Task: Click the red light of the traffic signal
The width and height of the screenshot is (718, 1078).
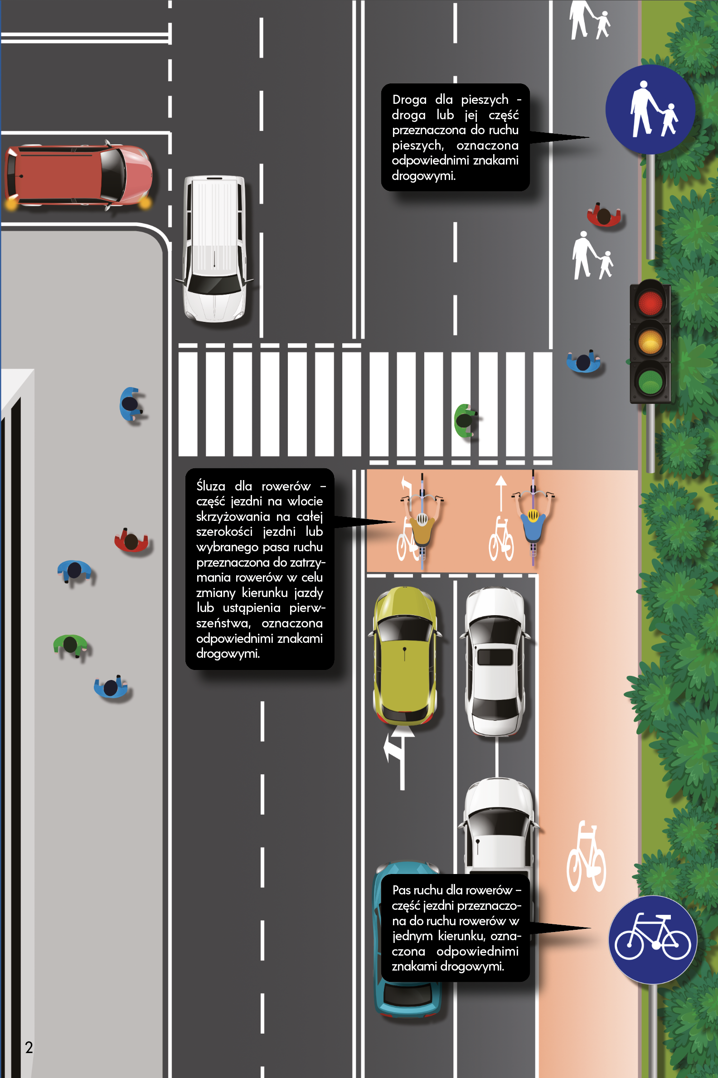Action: (x=650, y=303)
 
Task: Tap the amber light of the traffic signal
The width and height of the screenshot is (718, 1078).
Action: (x=650, y=341)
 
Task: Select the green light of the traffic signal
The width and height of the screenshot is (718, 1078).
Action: (x=650, y=380)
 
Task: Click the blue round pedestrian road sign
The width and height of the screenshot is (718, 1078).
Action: (x=650, y=109)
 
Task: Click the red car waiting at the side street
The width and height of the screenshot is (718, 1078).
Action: (x=78, y=176)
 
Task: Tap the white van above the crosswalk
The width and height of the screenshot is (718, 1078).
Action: (x=214, y=249)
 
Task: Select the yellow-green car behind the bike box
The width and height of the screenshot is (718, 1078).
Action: (x=405, y=655)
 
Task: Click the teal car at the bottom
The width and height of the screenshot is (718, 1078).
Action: (x=407, y=939)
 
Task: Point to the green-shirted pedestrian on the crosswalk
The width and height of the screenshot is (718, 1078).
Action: (x=466, y=420)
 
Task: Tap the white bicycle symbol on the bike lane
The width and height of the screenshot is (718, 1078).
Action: (x=587, y=856)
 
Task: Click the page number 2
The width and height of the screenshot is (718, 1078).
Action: (x=29, y=1047)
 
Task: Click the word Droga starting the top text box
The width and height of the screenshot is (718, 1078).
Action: (x=409, y=99)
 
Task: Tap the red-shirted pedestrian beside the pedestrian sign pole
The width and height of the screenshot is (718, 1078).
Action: (x=604, y=215)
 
